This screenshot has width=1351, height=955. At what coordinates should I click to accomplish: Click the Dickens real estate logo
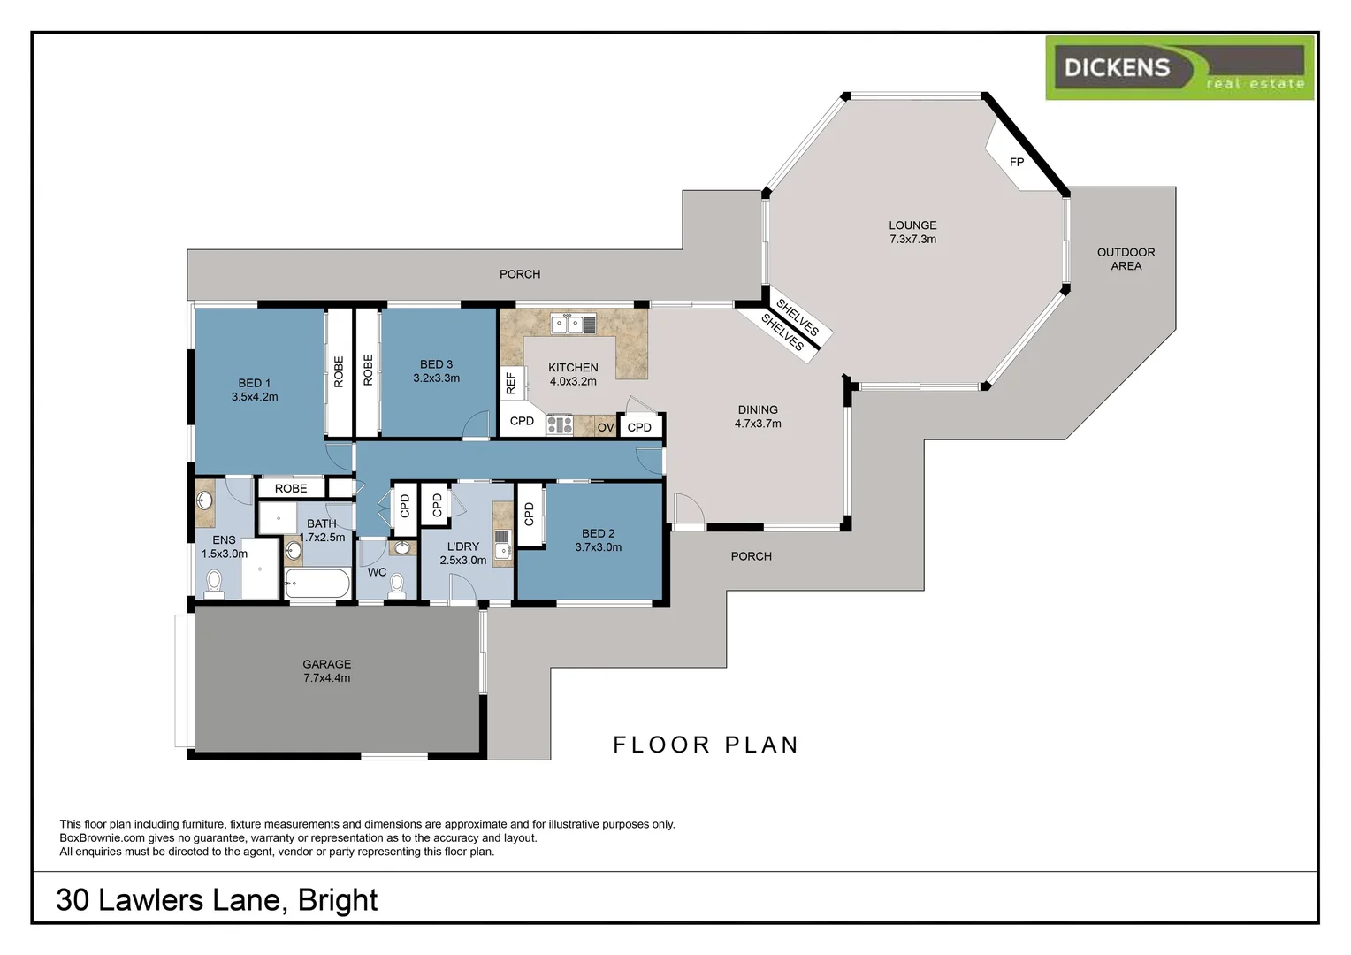click(x=1179, y=67)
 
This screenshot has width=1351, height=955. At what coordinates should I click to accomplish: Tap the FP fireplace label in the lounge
click(x=1017, y=162)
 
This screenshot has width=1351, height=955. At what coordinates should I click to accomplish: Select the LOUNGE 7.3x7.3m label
click(x=912, y=232)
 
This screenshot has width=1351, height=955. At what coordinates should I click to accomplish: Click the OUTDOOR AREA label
click(x=1126, y=259)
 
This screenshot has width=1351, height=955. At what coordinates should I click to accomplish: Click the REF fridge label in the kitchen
click(x=510, y=383)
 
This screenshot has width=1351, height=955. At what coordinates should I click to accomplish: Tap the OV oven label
click(x=606, y=427)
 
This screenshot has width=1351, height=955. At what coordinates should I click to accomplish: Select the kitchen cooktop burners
click(x=559, y=425)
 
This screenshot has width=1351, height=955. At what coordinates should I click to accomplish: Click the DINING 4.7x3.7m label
click(x=758, y=416)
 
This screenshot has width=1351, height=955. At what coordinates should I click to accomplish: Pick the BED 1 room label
click(x=255, y=390)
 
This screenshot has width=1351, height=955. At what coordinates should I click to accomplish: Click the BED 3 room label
click(x=436, y=371)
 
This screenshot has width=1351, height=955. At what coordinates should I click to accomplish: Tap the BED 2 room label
click(x=598, y=540)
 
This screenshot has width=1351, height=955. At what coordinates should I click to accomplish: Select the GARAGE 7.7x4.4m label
click(x=327, y=671)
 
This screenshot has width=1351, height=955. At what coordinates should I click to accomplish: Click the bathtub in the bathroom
click(x=317, y=584)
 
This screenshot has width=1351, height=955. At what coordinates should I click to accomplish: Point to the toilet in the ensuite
click(x=214, y=584)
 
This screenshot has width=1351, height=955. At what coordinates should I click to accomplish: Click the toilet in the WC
click(x=397, y=584)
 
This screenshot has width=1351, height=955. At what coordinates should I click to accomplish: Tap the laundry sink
click(x=502, y=538)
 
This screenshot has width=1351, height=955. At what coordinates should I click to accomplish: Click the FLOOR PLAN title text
click(x=706, y=745)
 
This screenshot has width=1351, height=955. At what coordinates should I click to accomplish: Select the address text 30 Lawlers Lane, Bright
click(x=217, y=899)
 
